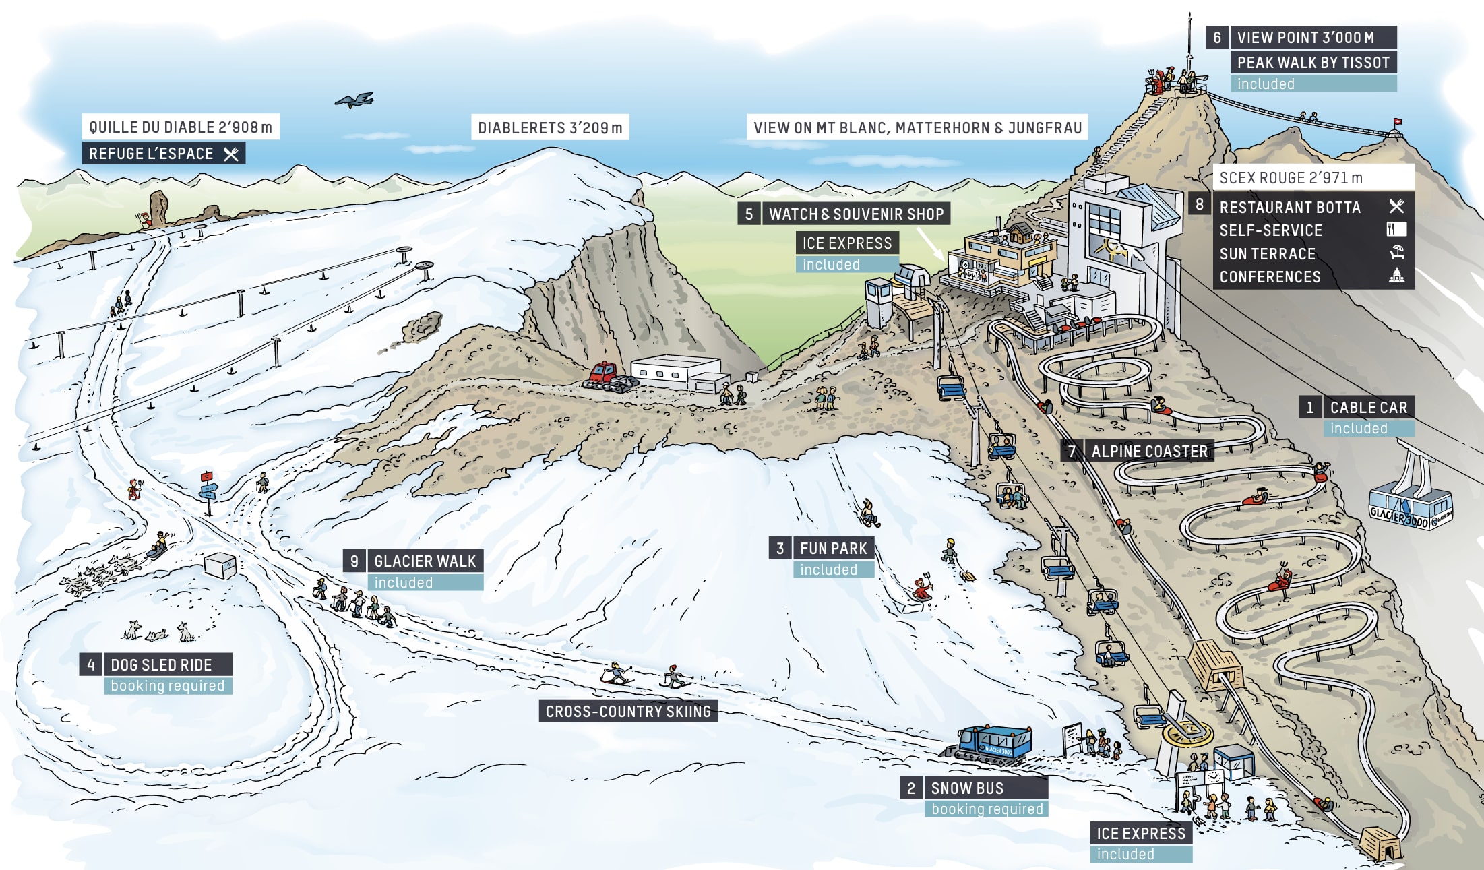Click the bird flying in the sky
pyautogui.click(x=354, y=100)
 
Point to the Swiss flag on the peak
pyautogui.click(x=1396, y=123)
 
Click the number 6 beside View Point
pyautogui.click(x=1217, y=38)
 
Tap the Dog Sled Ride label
pyautogui.click(x=161, y=665)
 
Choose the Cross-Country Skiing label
pyautogui.click(x=628, y=712)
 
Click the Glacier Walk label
pyautogui.click(x=425, y=561)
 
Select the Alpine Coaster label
pyautogui.click(x=1150, y=452)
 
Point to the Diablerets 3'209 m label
pyautogui.click(x=550, y=128)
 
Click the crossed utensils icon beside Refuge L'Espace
pyautogui.click(x=231, y=154)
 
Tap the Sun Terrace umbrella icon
pyautogui.click(x=1396, y=253)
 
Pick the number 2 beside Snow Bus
pyautogui.click(x=911, y=788)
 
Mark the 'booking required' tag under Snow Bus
pyautogui.click(x=987, y=809)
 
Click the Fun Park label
pyautogui.click(x=834, y=549)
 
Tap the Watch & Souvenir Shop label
pyautogui.click(x=857, y=214)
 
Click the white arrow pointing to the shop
pyautogui.click(x=931, y=245)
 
